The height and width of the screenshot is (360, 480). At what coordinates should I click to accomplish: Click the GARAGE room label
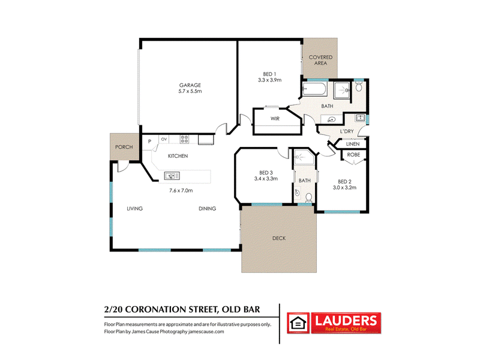point(190,85)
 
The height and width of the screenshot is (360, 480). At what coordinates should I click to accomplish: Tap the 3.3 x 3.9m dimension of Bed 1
point(269,80)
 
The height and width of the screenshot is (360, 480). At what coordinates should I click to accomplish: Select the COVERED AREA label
point(320,60)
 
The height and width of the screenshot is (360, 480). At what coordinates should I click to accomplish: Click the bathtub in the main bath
point(314,89)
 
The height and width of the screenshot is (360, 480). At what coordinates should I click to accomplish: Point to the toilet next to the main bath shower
point(359,87)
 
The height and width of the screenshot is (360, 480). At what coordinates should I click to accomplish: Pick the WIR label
point(275,118)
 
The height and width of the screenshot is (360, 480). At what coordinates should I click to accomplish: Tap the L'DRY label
point(347,131)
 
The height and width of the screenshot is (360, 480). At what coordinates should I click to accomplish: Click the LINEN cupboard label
point(353,144)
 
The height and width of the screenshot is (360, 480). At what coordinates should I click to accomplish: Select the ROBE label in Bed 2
point(353,155)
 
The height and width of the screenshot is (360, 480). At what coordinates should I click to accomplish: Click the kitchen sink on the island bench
point(172,176)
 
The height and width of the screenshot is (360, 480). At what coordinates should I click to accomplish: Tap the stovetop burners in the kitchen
point(184,139)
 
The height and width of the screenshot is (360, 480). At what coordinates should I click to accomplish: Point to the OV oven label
point(164,139)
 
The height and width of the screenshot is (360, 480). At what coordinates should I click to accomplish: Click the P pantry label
point(149,142)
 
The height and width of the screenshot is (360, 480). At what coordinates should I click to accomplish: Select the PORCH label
point(124,147)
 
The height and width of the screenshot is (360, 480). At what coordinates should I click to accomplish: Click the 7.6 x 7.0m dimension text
point(181,190)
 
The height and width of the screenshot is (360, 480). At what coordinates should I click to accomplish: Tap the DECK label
point(279,238)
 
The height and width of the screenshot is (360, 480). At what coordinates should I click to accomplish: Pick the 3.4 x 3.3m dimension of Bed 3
point(266,178)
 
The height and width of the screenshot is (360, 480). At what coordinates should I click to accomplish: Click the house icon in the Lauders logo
point(298,323)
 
